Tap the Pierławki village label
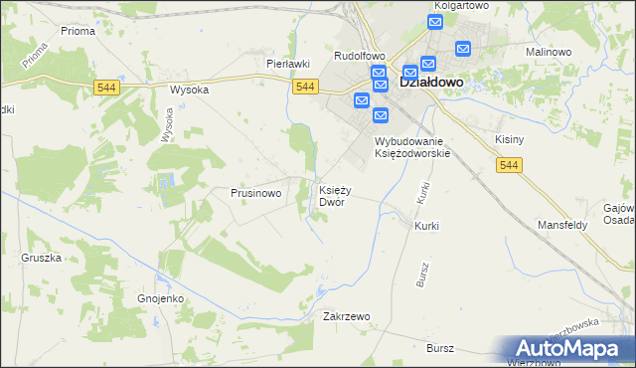[288, 64]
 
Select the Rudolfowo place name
[359, 56]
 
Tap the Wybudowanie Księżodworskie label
[412, 147]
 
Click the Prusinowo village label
[256, 193]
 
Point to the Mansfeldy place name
[562, 225]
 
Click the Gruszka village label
[41, 258]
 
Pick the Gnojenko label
[155, 297]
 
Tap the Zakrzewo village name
[347, 316]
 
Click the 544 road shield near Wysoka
[110, 88]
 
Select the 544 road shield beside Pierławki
[306, 88]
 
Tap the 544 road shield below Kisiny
[509, 164]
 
